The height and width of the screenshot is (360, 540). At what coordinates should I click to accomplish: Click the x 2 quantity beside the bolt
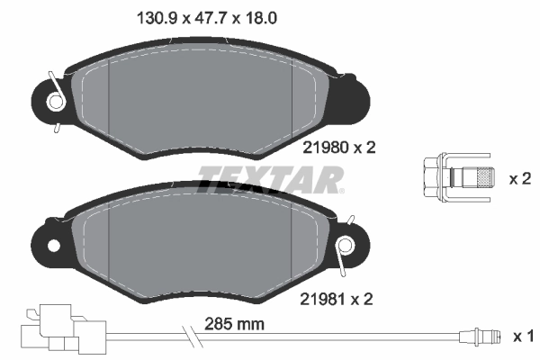(520, 179)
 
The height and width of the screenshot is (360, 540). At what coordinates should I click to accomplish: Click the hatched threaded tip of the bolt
(484, 178)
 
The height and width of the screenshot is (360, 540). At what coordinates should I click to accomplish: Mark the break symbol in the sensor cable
(193, 337)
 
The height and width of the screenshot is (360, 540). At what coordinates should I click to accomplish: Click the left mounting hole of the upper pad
(56, 103)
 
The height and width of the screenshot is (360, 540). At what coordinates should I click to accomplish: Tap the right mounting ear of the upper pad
(355, 97)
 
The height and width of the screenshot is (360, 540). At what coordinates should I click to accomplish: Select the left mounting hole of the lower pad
(51, 244)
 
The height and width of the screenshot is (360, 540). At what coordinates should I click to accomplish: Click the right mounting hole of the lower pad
(346, 245)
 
